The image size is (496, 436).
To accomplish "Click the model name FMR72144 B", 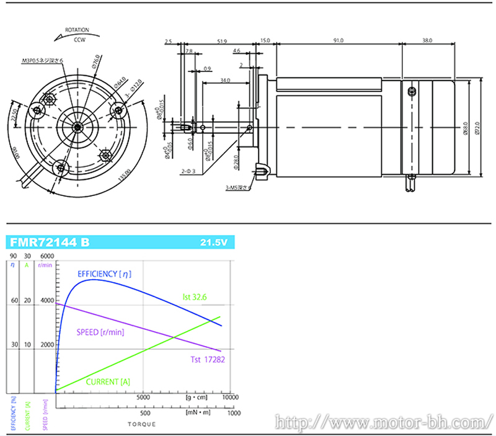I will [x=50, y=242].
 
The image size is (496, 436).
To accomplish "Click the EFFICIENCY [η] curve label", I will [x=104, y=274].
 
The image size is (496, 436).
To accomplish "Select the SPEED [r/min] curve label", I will [x=100, y=332].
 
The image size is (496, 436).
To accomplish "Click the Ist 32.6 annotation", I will [x=194, y=298].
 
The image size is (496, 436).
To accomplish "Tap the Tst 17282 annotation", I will [x=206, y=359].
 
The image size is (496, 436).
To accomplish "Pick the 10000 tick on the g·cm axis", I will [x=230, y=397].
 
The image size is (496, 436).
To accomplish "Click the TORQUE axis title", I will [x=142, y=424].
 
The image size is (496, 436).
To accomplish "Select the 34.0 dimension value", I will [x=224, y=79].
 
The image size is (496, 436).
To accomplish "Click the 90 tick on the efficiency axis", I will [x=13, y=256].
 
